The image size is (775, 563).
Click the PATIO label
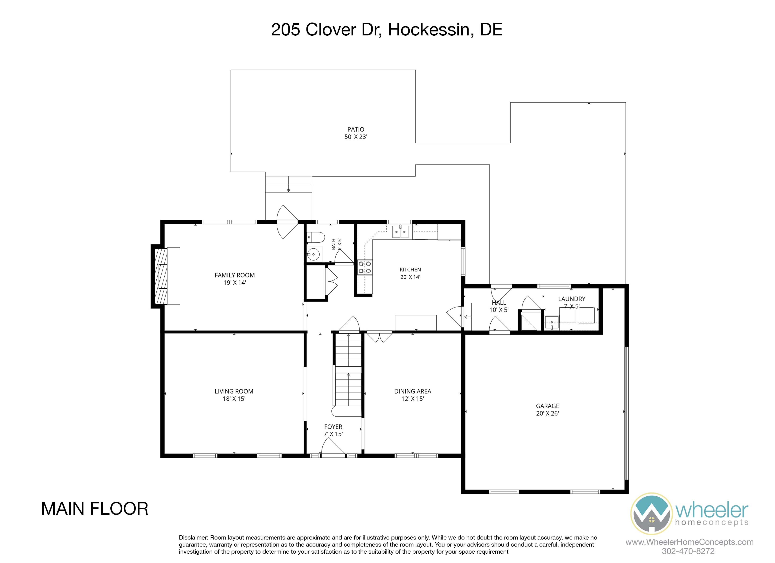point(356,129)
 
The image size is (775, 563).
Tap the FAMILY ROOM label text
point(235,275)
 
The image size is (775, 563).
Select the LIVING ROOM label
point(234,391)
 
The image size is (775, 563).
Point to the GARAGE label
point(547,406)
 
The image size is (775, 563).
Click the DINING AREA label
point(413,391)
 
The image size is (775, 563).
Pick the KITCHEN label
point(410,270)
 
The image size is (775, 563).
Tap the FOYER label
point(333,427)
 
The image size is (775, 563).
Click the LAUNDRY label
point(572,299)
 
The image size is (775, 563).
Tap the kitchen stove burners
point(365,267)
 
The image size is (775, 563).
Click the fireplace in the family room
point(161,276)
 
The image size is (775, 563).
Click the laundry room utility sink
point(551,323)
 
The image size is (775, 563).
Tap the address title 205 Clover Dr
point(326,30)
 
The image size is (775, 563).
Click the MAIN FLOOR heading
point(95,509)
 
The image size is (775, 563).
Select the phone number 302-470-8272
point(688,551)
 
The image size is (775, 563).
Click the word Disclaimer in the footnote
point(194,537)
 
